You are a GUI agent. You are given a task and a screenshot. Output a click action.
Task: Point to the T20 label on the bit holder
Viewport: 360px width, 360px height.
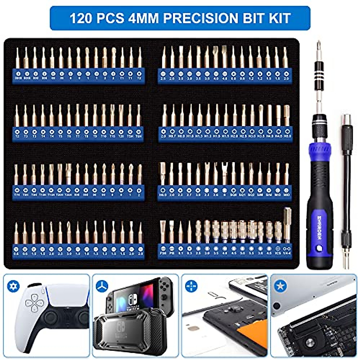tap(121, 136)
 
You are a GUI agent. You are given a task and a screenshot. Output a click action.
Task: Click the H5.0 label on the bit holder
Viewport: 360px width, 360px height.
tap(287, 136)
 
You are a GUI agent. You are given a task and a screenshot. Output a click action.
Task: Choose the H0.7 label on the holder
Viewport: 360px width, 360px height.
tap(172, 136)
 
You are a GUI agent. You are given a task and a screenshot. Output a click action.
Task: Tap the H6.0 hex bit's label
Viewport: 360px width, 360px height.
tap(163, 195)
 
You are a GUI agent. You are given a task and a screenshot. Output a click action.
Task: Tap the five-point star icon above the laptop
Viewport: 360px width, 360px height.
tap(280, 286)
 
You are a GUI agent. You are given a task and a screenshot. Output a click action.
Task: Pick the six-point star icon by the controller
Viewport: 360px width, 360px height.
tap(13, 286)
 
